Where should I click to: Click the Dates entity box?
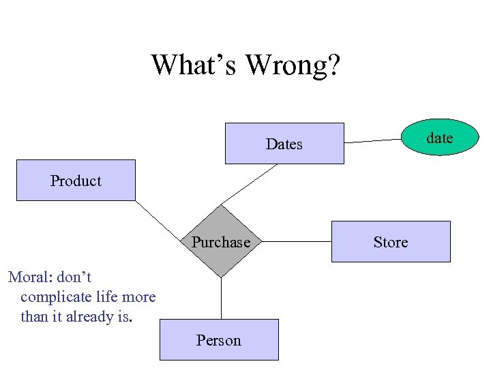(284, 144)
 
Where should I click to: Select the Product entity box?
(76, 181)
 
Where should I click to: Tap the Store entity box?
(391, 242)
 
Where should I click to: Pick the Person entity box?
(219, 340)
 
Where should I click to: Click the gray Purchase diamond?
(221, 242)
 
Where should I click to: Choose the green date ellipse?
(439, 138)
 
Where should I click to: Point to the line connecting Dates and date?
(374, 141)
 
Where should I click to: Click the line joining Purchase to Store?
(297, 242)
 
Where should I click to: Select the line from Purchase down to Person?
(221, 298)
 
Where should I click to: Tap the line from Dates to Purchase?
(250, 183)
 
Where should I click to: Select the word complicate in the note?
(57, 297)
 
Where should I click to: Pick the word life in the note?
(109, 297)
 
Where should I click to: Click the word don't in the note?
(74, 277)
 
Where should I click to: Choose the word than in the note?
(34, 317)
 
